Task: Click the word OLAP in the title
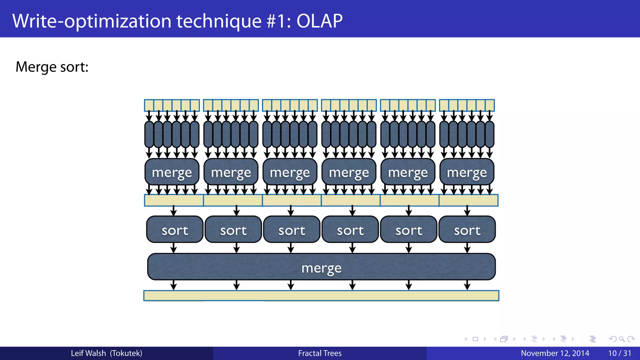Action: point(319,21)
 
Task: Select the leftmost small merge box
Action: point(172,172)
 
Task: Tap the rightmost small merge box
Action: point(467,172)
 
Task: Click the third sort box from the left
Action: point(292,230)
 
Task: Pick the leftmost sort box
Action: point(175,230)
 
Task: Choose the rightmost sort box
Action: point(467,230)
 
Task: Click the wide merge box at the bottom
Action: point(321,267)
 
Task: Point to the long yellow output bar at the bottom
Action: point(321,296)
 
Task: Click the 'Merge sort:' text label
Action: point(52,67)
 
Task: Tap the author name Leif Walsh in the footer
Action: point(88,353)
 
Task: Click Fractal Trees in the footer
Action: point(320,353)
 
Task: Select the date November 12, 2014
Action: point(555,353)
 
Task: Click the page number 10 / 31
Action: point(619,353)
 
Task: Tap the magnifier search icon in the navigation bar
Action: point(622,339)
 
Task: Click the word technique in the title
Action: point(219,21)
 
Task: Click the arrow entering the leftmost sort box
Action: point(174,211)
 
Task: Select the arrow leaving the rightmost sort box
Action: point(467,248)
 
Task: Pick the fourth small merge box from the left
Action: point(349,172)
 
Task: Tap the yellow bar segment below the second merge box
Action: point(233,200)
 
